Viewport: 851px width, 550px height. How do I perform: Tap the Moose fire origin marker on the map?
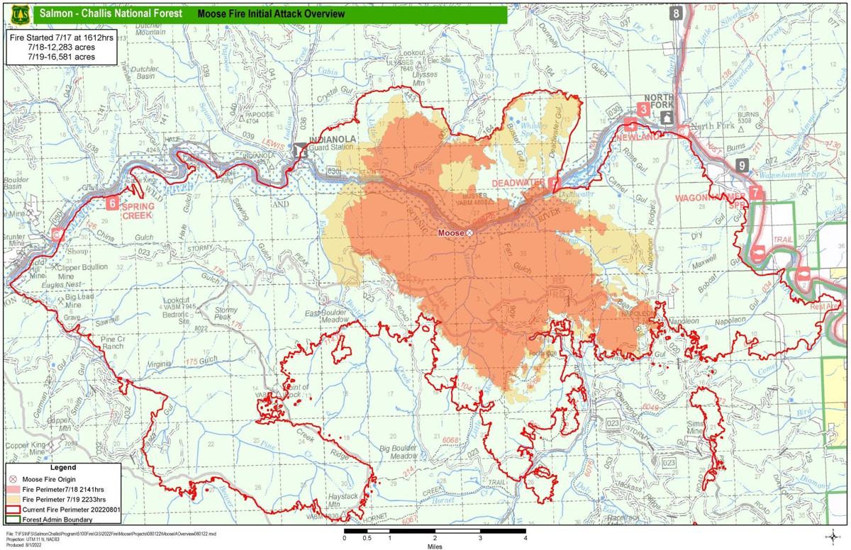[x=469, y=232]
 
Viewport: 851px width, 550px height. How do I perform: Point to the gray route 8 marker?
[x=677, y=13]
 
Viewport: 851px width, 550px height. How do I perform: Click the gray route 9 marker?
[x=742, y=165]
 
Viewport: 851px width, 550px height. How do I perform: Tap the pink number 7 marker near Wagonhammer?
[x=756, y=192]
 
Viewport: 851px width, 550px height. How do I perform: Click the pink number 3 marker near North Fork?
[x=643, y=108]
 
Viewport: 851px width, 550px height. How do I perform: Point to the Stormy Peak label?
[x=226, y=314]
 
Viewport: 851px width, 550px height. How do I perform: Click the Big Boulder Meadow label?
[x=398, y=453]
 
